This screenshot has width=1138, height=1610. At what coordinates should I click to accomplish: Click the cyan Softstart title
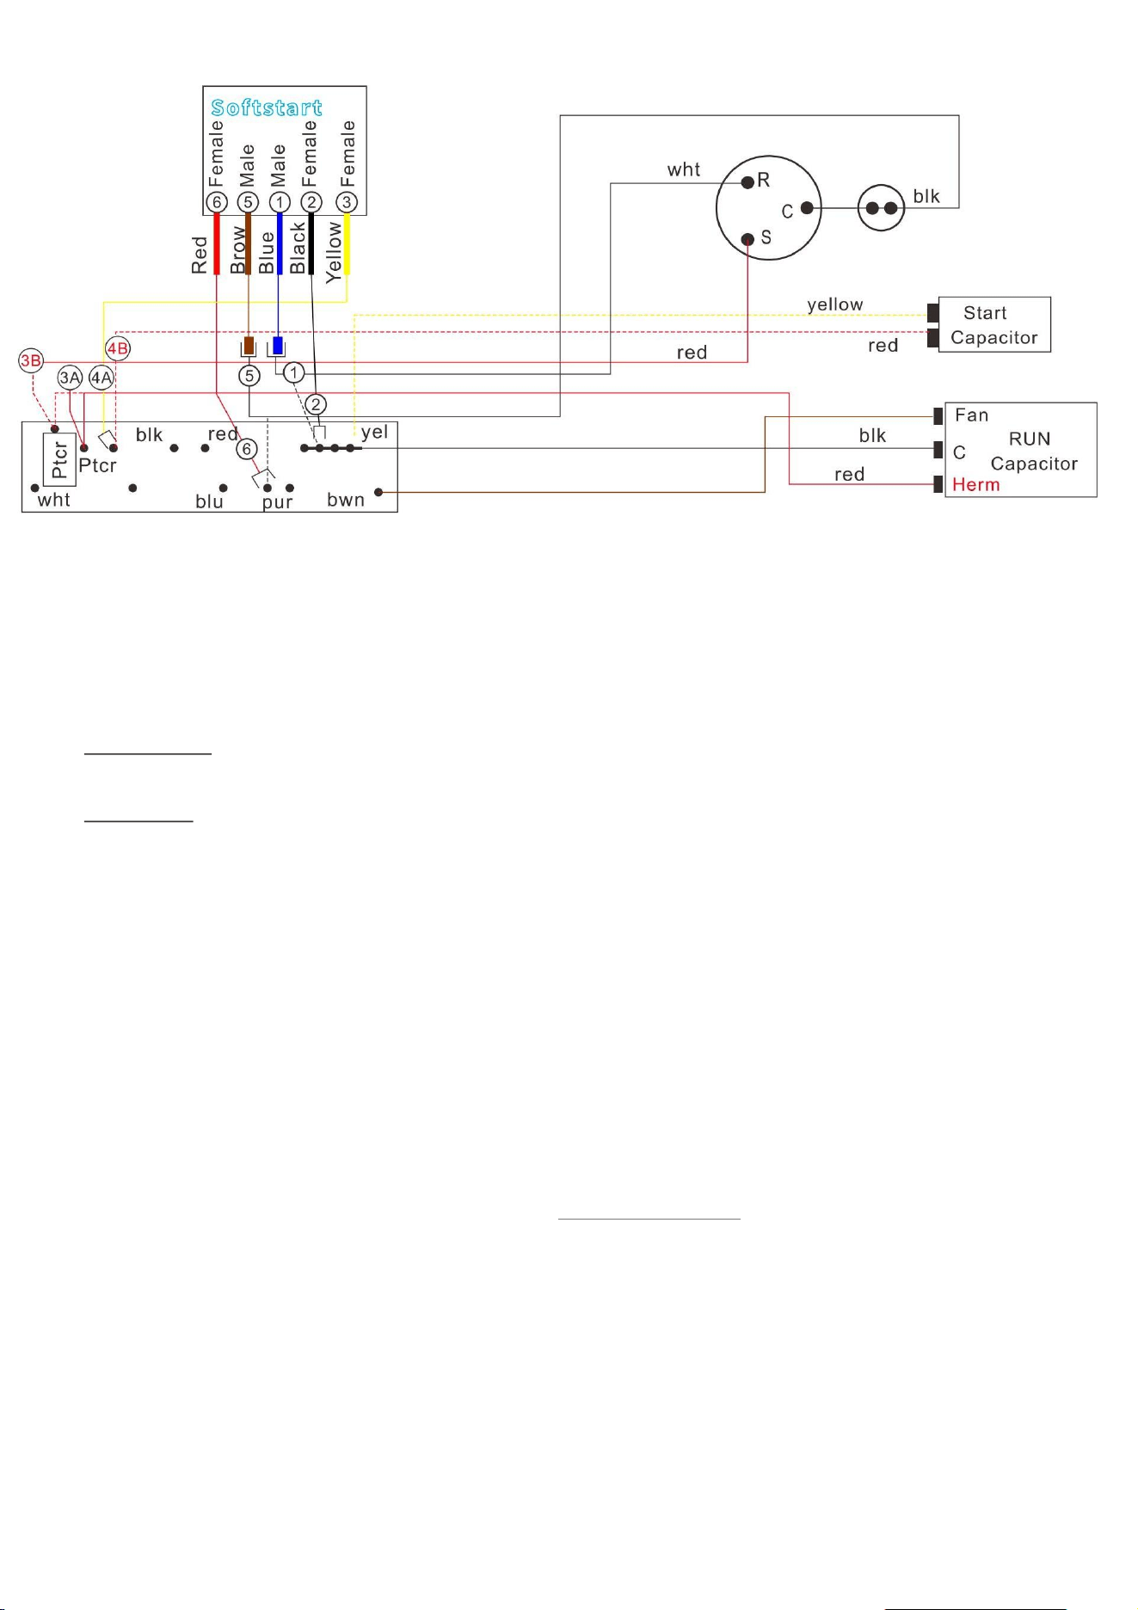coord(267,108)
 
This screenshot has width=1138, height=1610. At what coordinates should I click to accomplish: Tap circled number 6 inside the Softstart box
coord(217,203)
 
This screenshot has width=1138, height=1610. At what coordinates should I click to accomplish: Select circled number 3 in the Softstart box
coord(347,203)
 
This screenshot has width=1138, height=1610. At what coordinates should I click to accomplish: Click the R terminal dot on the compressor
coord(747,182)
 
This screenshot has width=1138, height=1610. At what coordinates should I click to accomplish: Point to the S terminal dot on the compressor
coord(747,239)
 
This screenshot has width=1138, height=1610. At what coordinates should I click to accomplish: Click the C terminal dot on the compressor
coord(807,207)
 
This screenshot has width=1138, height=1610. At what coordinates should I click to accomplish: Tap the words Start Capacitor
coord(994,325)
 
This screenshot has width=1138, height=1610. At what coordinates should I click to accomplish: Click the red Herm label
coord(976,485)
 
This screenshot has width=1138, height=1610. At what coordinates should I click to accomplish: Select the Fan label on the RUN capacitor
coord(971,415)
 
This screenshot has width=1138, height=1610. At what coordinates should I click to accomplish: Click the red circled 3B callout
coord(31,360)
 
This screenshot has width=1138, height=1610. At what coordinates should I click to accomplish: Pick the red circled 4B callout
coord(118,349)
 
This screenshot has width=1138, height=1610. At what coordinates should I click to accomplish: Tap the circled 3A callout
coord(70,378)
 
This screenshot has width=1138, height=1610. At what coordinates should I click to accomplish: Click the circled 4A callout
coord(101,378)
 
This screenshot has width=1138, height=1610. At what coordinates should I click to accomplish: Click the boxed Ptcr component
coord(59,460)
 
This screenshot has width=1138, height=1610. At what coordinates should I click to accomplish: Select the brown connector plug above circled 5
coord(249,347)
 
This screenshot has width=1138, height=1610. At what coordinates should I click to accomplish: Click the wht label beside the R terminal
coord(684,169)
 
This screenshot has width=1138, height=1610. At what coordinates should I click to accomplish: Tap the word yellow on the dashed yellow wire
coord(835,305)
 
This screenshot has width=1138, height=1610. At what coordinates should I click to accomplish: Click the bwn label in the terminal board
coord(346,501)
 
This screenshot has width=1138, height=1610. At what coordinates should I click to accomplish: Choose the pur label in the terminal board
coord(277,503)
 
